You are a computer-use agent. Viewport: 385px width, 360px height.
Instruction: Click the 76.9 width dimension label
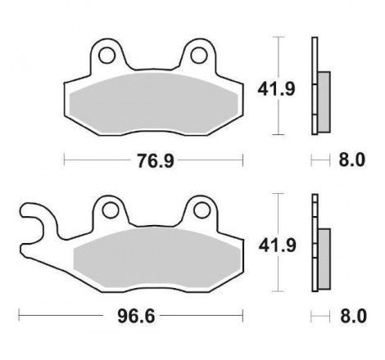156,160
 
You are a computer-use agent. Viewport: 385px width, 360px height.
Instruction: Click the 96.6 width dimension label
136,317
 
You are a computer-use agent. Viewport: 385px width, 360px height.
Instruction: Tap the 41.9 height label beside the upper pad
276,89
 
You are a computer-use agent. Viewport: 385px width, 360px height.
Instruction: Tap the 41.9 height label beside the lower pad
278,245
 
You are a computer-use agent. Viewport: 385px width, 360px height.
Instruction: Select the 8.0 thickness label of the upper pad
352,160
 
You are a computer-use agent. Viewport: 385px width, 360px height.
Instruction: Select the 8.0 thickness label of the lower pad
353,317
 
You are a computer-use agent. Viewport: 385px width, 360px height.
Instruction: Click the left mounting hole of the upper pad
106,56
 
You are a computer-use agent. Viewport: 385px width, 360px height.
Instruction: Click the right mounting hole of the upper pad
199,56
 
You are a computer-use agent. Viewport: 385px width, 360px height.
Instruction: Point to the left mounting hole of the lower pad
111,210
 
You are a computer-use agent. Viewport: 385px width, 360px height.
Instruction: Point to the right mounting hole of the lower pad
202,210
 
